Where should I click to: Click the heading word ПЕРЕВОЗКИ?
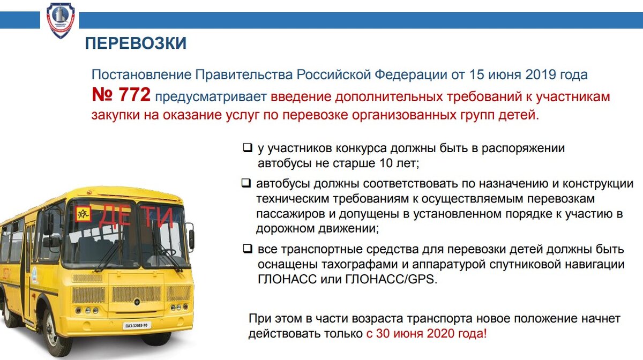136,43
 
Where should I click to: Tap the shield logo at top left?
61,20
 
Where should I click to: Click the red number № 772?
121,96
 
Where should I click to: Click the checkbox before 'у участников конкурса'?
247,147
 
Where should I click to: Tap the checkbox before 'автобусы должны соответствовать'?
246,183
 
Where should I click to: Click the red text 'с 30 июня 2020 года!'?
427,334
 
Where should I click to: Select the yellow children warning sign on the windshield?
83,214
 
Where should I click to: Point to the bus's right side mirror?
191,239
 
